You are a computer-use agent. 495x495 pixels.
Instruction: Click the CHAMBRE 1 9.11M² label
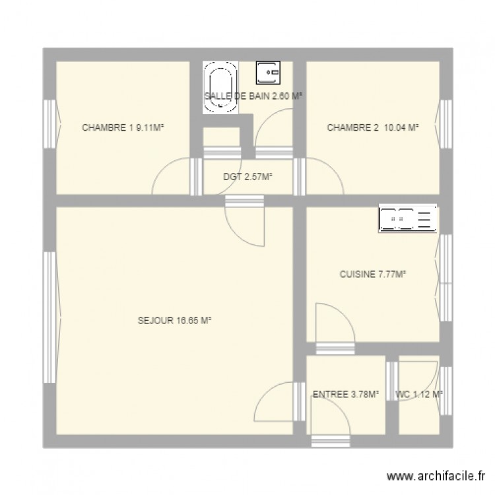click(x=122, y=128)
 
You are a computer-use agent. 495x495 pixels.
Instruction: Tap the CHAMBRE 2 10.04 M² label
click(x=373, y=128)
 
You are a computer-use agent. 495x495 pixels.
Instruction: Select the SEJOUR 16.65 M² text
click(x=174, y=321)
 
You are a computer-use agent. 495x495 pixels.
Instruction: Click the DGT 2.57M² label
click(x=248, y=176)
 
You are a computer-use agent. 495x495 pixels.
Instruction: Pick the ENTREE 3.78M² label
click(x=345, y=395)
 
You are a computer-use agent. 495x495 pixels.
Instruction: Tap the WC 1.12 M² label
click(x=418, y=395)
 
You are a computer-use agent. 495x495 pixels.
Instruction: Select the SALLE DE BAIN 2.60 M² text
click(x=253, y=96)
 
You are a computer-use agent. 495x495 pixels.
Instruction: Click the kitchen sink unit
click(x=408, y=218)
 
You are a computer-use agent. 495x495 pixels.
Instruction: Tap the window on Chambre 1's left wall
click(x=50, y=125)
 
